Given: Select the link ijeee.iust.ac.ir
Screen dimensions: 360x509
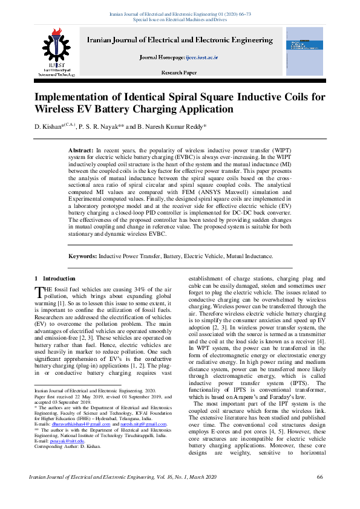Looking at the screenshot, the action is [x=201, y=57].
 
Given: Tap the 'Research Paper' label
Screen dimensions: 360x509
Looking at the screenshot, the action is [x=179, y=73].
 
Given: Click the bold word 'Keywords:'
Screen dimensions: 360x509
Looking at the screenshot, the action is [x=82, y=256].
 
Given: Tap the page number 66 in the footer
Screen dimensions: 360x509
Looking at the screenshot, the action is [x=320, y=494].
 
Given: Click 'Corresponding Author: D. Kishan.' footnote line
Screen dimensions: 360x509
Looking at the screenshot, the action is [x=68, y=447].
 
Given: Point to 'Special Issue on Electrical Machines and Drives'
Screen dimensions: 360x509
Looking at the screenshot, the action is [x=180, y=19].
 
